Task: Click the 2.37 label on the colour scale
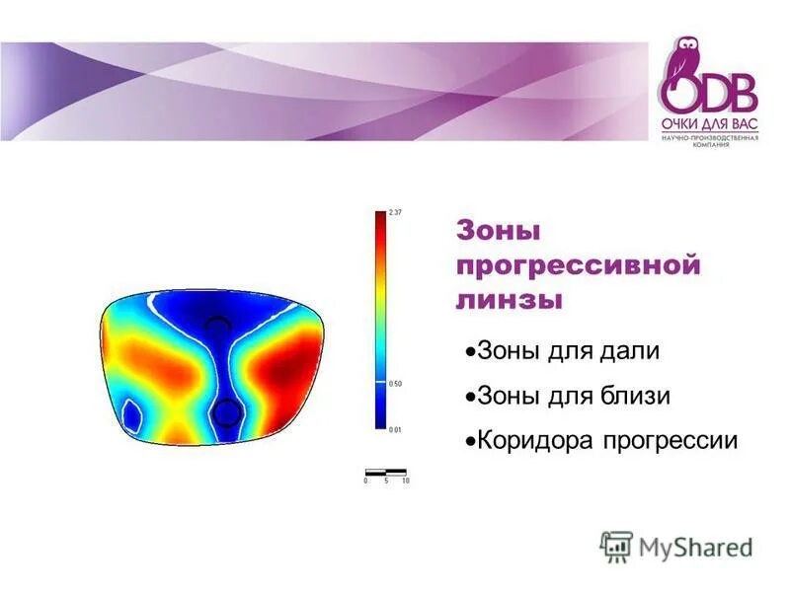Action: [394, 213]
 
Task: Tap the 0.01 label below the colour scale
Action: [396, 429]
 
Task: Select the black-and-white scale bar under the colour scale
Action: [385, 472]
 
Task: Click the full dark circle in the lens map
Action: [226, 411]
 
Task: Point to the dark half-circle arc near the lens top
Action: [216, 322]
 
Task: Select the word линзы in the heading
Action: [508, 299]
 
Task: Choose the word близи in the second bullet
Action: [631, 397]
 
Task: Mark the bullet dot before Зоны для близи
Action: [470, 397]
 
